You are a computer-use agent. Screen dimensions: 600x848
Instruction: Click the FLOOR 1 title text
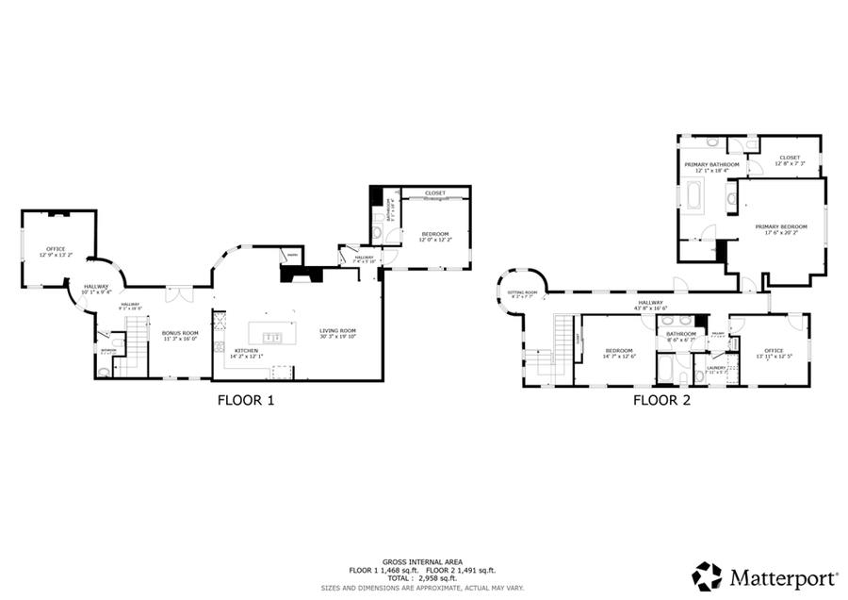pyautogui.click(x=246, y=400)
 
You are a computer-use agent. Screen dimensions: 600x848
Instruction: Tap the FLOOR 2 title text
pyautogui.click(x=661, y=400)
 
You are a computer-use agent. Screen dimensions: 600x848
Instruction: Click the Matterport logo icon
pyautogui.click(x=707, y=575)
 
